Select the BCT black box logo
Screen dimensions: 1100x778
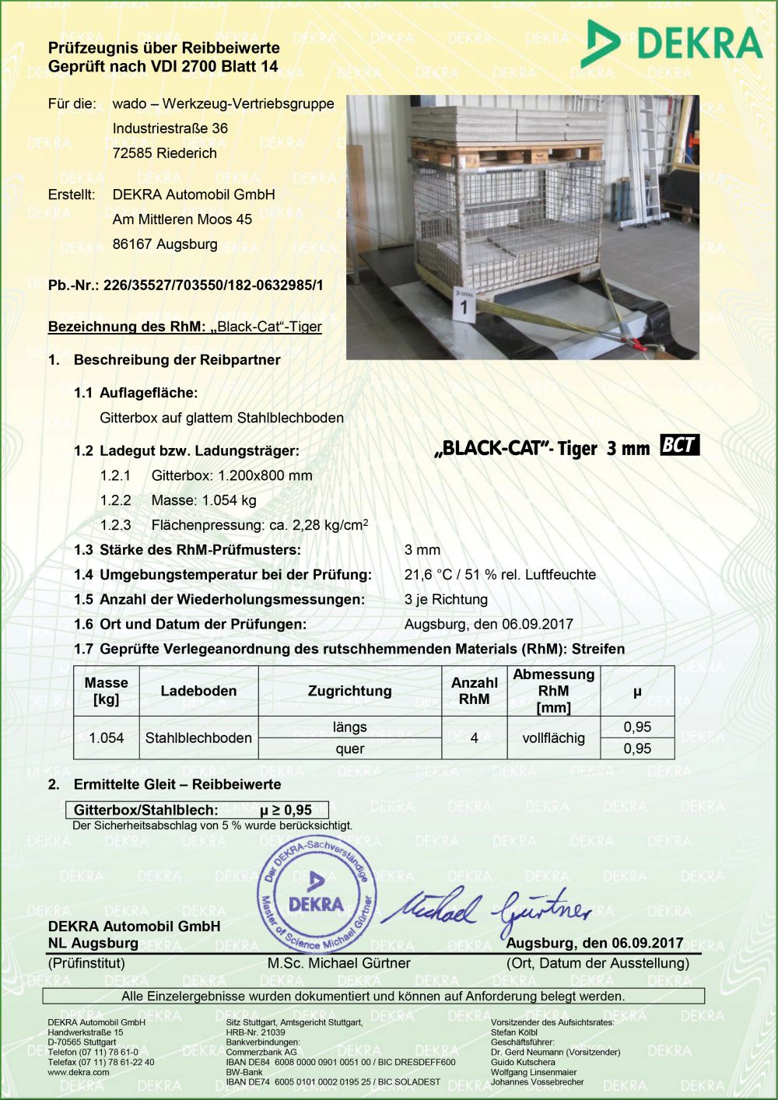[x=679, y=446]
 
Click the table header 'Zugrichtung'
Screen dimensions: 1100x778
[x=349, y=691]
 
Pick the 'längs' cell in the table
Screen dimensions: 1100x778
[x=349, y=727]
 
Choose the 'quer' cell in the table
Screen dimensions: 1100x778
[x=349, y=748]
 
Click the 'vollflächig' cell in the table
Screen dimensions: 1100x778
[x=553, y=737]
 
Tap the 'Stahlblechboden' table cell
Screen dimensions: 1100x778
[x=198, y=737]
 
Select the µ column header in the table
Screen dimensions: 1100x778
[x=637, y=691]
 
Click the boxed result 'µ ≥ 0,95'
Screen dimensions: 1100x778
[x=286, y=810]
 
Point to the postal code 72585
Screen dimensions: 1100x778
[x=133, y=153]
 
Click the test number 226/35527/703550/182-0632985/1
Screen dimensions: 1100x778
[x=213, y=286]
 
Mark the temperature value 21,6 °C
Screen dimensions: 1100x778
[x=428, y=575]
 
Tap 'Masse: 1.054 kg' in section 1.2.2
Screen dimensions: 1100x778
[x=204, y=500]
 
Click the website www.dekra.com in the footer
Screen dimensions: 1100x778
[x=79, y=1072]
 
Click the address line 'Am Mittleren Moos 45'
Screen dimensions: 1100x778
[x=182, y=219]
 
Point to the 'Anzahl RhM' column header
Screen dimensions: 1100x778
[x=474, y=691]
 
